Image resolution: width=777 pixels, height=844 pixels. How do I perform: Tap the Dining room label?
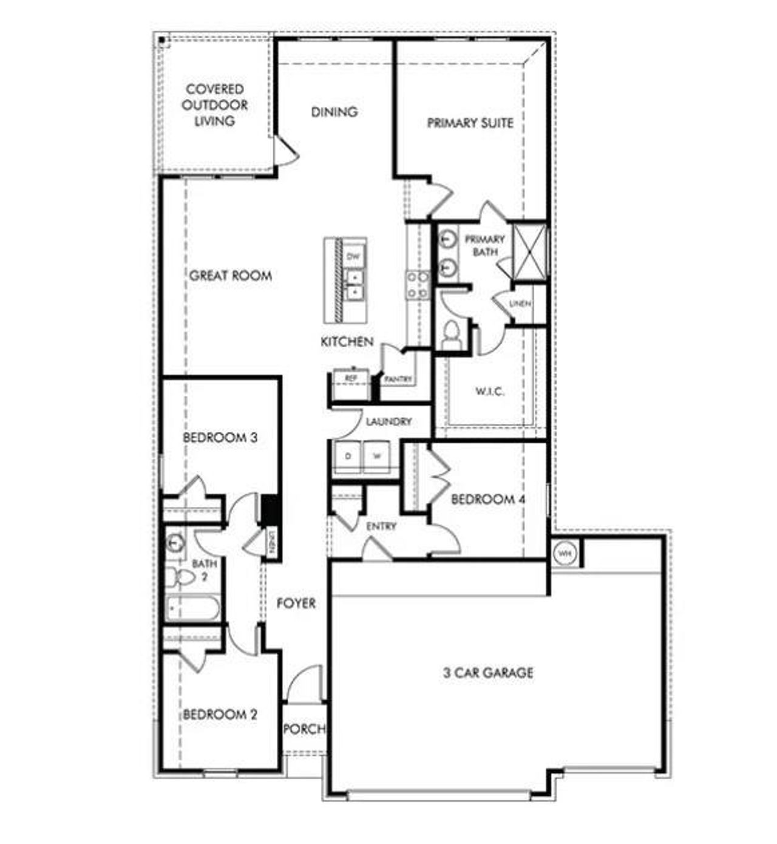click(x=334, y=112)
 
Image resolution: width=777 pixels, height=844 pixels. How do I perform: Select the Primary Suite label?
click(x=470, y=123)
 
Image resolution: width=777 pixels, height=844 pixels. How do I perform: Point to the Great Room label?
click(x=230, y=276)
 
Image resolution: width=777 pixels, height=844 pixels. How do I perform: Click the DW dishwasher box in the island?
click(x=353, y=257)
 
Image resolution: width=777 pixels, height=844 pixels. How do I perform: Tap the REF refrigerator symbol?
click(x=350, y=378)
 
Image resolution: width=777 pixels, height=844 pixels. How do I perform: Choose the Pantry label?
click(x=398, y=379)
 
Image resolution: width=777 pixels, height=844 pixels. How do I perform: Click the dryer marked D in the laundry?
click(x=348, y=456)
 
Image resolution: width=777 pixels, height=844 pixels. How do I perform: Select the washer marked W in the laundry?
click(x=377, y=456)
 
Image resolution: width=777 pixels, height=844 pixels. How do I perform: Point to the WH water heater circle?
click(x=565, y=554)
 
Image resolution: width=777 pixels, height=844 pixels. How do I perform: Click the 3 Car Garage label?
click(x=488, y=673)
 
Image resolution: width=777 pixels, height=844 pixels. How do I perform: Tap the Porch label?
click(x=304, y=728)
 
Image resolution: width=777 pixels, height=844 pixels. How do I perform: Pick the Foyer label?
click(x=296, y=603)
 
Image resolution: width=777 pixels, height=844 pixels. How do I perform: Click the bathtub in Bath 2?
click(x=193, y=608)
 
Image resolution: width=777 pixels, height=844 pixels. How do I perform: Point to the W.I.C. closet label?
click(x=489, y=391)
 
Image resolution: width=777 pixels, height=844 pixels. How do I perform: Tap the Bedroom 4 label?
click(x=487, y=500)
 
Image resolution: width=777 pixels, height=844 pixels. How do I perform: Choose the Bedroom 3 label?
click(x=220, y=437)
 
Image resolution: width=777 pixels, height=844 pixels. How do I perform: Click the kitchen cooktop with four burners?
click(x=418, y=285)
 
